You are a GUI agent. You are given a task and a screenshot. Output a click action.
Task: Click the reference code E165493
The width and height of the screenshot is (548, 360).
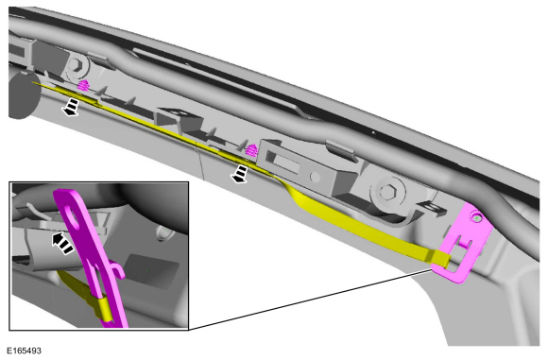(24, 351)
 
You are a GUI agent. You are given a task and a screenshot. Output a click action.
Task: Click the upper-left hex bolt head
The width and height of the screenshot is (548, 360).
(76, 65)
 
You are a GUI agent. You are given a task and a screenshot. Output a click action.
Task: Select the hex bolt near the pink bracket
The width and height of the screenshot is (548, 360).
(386, 191)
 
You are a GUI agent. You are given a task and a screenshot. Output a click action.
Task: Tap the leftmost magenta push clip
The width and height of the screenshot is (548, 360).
(82, 85)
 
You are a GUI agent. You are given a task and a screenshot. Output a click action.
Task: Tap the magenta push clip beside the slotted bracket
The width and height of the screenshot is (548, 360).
(251, 150)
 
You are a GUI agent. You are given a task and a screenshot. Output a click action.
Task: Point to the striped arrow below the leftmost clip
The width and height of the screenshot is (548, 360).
(71, 107)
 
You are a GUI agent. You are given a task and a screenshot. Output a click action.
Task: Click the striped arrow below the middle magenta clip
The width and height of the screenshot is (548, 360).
(239, 174)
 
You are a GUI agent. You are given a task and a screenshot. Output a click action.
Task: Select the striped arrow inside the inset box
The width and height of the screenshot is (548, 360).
(62, 242)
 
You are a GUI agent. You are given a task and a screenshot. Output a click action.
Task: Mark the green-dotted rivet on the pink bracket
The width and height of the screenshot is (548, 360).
(477, 218)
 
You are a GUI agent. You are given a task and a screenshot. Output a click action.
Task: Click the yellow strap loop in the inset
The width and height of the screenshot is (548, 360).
(103, 309)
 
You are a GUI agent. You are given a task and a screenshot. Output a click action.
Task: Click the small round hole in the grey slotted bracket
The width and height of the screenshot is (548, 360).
(315, 177)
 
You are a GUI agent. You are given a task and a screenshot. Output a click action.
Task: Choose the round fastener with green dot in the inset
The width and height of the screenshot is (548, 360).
(162, 232)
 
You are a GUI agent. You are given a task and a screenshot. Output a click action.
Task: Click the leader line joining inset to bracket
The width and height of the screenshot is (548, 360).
(310, 299)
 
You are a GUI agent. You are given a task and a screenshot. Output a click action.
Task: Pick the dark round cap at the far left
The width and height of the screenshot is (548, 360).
(22, 95)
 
